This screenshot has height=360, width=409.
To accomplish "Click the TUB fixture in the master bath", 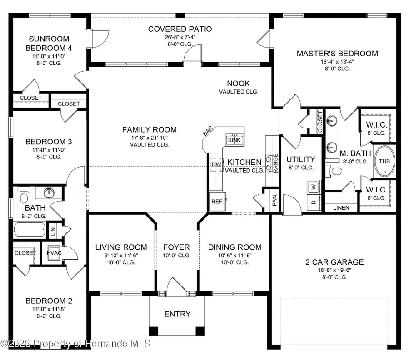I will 385,161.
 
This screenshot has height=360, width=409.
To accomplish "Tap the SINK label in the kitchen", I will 234,140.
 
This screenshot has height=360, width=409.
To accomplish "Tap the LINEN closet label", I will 341,208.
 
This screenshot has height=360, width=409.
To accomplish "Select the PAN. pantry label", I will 275,201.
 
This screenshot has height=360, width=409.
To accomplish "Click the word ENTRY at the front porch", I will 177,314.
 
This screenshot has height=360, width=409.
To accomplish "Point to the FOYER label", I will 176,247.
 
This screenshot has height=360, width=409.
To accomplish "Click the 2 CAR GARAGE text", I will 334,262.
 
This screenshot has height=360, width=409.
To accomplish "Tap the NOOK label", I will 238,84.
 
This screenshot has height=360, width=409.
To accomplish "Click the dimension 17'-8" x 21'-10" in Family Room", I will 149,138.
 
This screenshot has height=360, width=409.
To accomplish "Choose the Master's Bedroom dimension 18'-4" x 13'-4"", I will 337,62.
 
